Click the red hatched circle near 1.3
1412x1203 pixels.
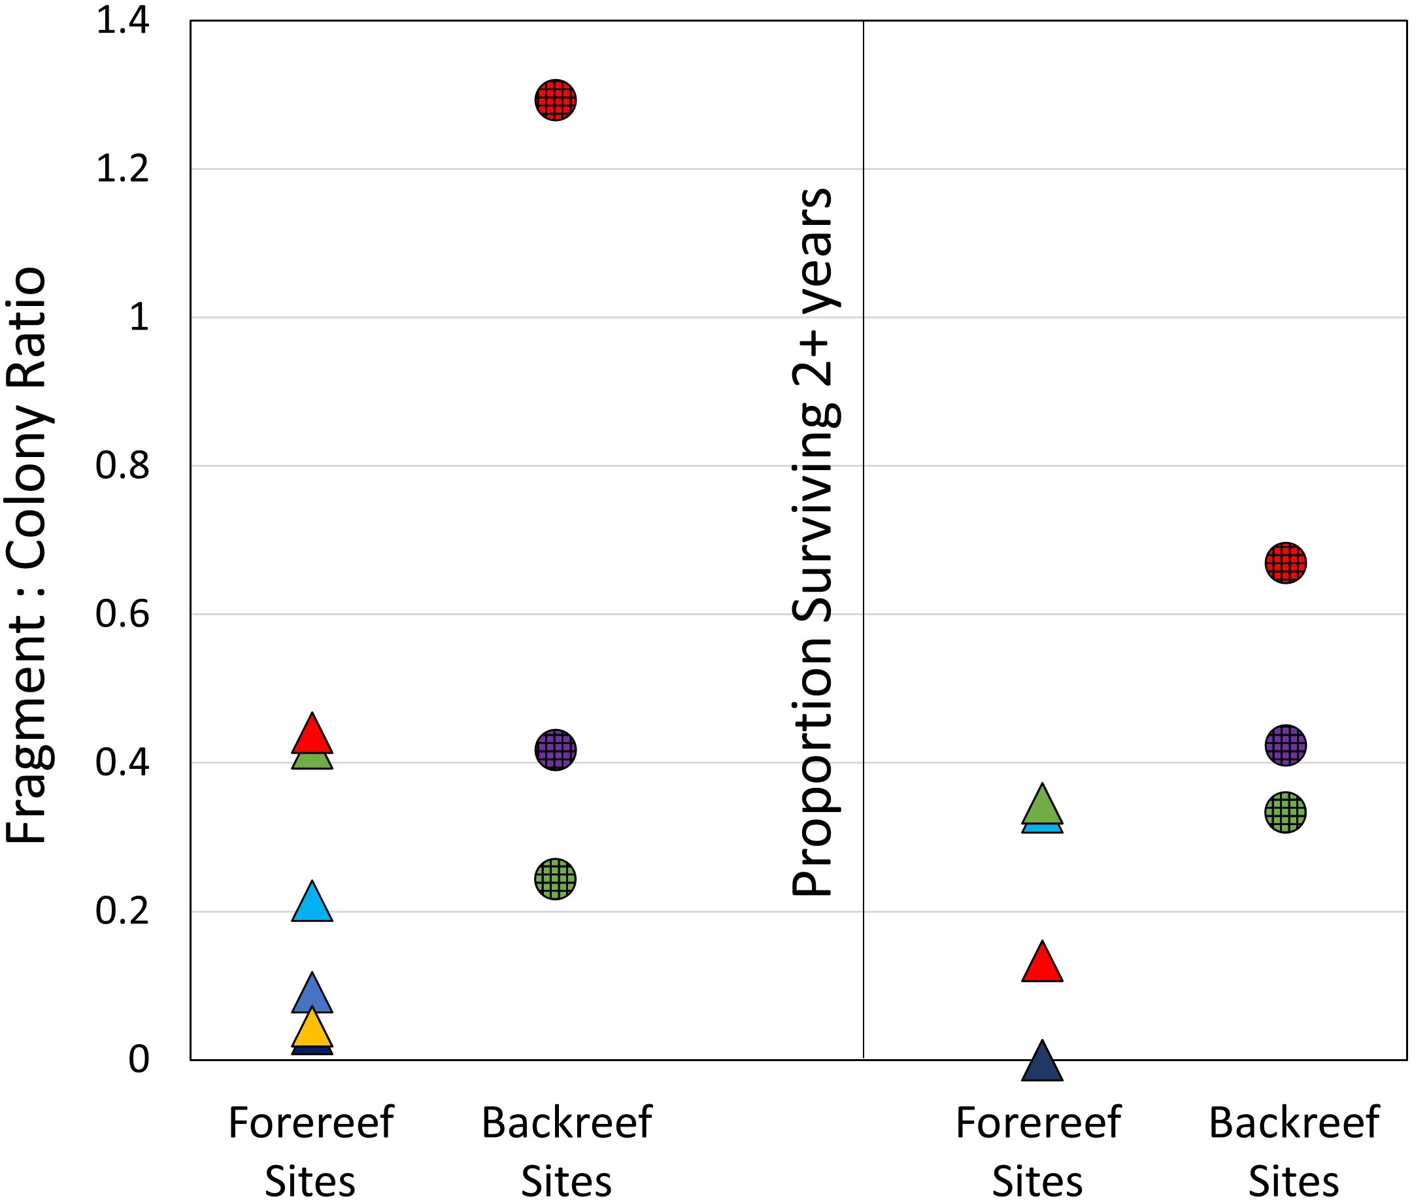pyautogui.click(x=556, y=100)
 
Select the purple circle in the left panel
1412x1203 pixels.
pyautogui.click(x=556, y=750)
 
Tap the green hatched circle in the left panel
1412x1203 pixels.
pyautogui.click(x=556, y=879)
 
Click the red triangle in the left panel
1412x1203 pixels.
pyautogui.click(x=312, y=736)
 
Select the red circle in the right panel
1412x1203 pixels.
pyautogui.click(x=1285, y=563)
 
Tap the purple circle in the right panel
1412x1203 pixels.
pyautogui.click(x=1285, y=745)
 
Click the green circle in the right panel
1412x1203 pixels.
pyautogui.click(x=1285, y=812)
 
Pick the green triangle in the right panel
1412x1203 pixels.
pyautogui.click(x=1042, y=806)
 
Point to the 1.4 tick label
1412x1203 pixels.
pyautogui.click(x=123, y=20)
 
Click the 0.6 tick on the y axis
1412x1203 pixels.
pyautogui.click(x=123, y=613)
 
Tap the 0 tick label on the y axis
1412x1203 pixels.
pyautogui.click(x=139, y=1059)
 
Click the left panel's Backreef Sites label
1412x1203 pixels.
pyautogui.click(x=566, y=1152)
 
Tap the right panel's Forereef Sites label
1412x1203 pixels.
pyautogui.click(x=1037, y=1152)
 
